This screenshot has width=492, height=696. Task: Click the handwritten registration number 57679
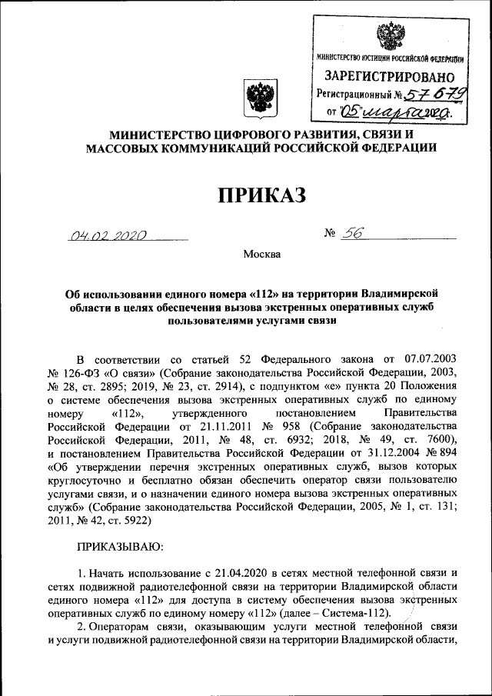429,95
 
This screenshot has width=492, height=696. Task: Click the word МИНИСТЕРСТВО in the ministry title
163,133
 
